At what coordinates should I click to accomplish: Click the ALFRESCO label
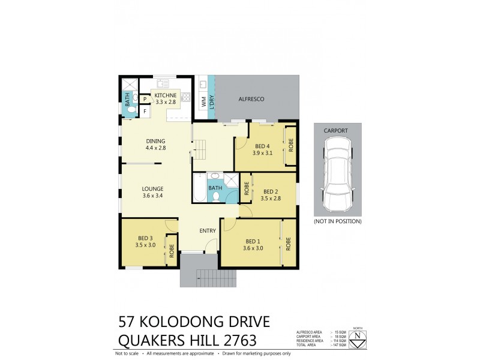pos(252,99)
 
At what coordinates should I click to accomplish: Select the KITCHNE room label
pos(166,95)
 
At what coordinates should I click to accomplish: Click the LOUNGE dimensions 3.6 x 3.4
pos(153,196)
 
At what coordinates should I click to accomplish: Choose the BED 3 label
pos(145,238)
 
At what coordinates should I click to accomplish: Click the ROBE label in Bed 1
pos(289,244)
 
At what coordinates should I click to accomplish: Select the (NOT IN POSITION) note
pos(338,221)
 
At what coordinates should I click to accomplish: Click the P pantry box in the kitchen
pos(145,99)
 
